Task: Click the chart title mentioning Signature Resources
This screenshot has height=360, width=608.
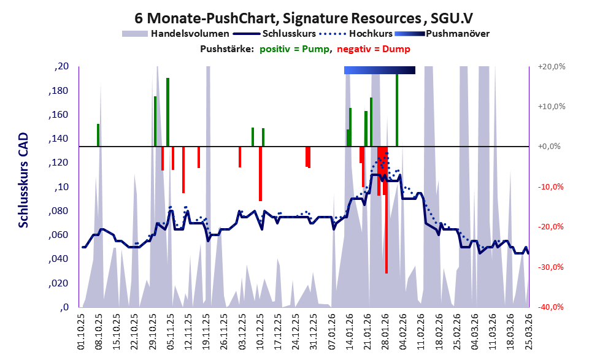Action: (x=304, y=18)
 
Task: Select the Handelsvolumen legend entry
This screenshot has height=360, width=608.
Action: (x=175, y=34)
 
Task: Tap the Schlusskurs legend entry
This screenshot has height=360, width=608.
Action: (x=274, y=34)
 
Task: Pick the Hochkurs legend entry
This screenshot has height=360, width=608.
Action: (x=356, y=34)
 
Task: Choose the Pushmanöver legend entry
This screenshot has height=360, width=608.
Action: (x=442, y=34)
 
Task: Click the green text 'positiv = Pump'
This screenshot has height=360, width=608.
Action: (x=294, y=49)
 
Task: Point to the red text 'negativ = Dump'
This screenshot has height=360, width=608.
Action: (x=374, y=49)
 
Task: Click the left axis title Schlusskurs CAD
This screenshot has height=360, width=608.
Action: (x=23, y=180)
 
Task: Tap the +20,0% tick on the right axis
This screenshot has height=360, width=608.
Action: (x=552, y=67)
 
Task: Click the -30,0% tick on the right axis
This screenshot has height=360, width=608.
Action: (x=550, y=267)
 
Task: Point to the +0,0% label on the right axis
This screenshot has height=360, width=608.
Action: (x=549, y=147)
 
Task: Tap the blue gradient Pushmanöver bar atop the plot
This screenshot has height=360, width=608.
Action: (x=380, y=70)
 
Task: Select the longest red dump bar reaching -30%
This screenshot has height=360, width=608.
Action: (x=387, y=210)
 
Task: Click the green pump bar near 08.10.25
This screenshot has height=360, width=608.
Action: (x=98, y=136)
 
